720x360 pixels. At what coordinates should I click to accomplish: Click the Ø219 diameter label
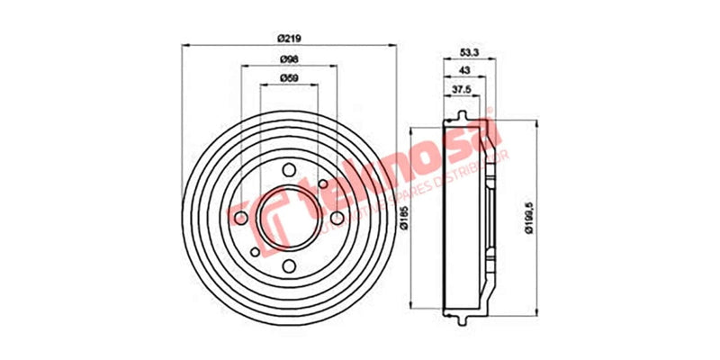pyautogui.click(x=288, y=37)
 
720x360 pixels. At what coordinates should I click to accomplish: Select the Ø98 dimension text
pyautogui.click(x=288, y=58)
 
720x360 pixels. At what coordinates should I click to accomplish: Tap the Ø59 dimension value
pyautogui.click(x=288, y=79)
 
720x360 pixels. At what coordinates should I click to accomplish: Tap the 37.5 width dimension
pyautogui.click(x=461, y=90)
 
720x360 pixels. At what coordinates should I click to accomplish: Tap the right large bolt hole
pyautogui.click(x=335, y=217)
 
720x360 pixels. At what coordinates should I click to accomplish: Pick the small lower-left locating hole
pyautogui.click(x=256, y=250)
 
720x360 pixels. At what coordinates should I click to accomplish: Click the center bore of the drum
pyautogui.click(x=289, y=217)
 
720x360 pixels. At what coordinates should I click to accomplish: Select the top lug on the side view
pyautogui.click(x=461, y=114)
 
